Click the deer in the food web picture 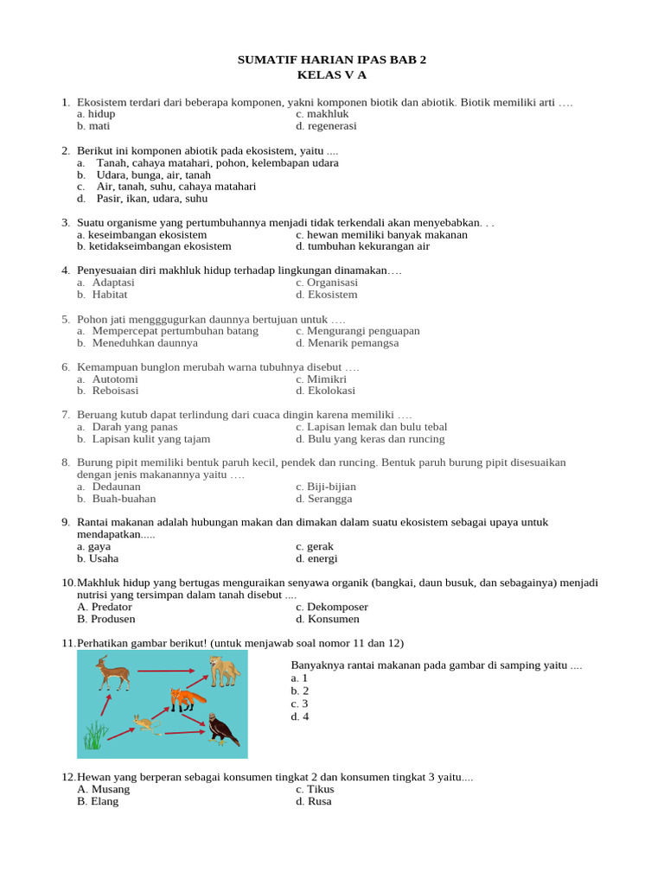pos(112,672)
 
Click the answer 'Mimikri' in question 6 pos(327,379)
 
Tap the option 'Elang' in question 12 pos(104,801)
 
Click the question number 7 pos(66,415)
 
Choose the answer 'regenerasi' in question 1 pos(332,125)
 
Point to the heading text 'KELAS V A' pos(332,75)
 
